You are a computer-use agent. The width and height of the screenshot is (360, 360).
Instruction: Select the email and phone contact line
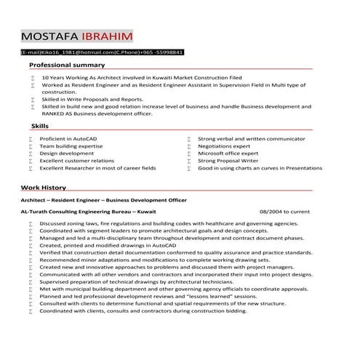102,52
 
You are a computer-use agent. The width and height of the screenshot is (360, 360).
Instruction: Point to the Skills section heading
31,126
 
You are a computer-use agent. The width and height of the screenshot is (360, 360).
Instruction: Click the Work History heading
43,187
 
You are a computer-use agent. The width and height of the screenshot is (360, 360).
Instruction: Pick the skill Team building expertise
71,145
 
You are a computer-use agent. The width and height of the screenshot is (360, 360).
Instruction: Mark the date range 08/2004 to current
284,211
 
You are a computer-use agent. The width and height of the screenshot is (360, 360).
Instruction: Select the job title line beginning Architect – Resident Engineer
103,199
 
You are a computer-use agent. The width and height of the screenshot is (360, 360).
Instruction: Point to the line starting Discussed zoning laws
169,223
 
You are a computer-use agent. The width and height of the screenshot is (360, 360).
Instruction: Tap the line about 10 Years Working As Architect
142,76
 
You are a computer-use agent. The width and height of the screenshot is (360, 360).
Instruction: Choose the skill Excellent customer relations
76,161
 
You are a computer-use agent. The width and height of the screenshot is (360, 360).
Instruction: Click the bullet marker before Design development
31,153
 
